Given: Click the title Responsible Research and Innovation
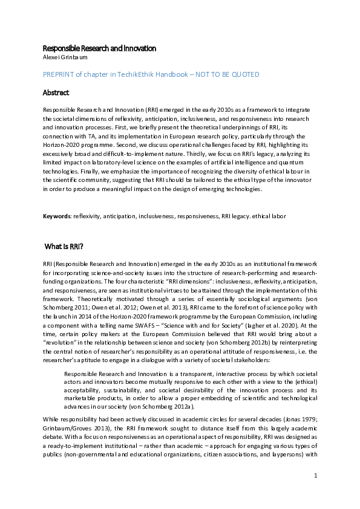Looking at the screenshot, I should tap(99, 48).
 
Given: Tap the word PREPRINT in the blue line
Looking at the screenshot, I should tap(59, 74).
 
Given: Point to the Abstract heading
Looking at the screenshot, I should tap(56, 93).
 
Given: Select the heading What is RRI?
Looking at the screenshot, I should tap(64, 247).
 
